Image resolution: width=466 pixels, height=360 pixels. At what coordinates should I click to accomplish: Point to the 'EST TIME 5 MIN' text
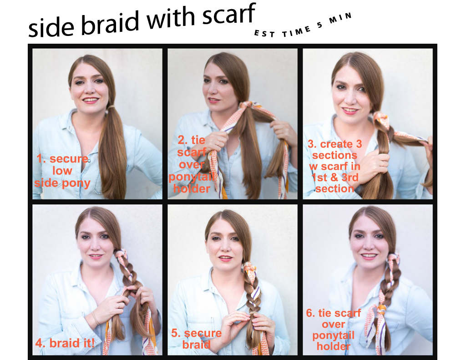tap(303, 26)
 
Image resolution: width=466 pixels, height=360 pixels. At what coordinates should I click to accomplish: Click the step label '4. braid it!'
tap(65, 343)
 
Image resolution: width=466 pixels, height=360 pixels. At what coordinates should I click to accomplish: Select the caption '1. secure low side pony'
tap(63, 171)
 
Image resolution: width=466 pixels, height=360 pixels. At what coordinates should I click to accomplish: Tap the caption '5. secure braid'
tap(197, 339)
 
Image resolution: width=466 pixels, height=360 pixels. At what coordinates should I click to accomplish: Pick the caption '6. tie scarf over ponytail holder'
tap(334, 330)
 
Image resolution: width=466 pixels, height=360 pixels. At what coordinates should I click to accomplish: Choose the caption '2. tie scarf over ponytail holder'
tap(192, 164)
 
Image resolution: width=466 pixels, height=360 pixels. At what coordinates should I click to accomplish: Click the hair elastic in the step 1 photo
tap(111, 106)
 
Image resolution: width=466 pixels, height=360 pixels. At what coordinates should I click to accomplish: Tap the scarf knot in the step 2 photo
tap(246, 106)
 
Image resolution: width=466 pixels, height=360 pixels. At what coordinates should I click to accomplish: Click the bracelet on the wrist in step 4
tap(95, 318)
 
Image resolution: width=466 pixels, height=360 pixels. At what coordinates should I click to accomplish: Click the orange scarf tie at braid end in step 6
tap(381, 309)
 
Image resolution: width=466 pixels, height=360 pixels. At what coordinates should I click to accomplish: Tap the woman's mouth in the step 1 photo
tap(91, 100)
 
